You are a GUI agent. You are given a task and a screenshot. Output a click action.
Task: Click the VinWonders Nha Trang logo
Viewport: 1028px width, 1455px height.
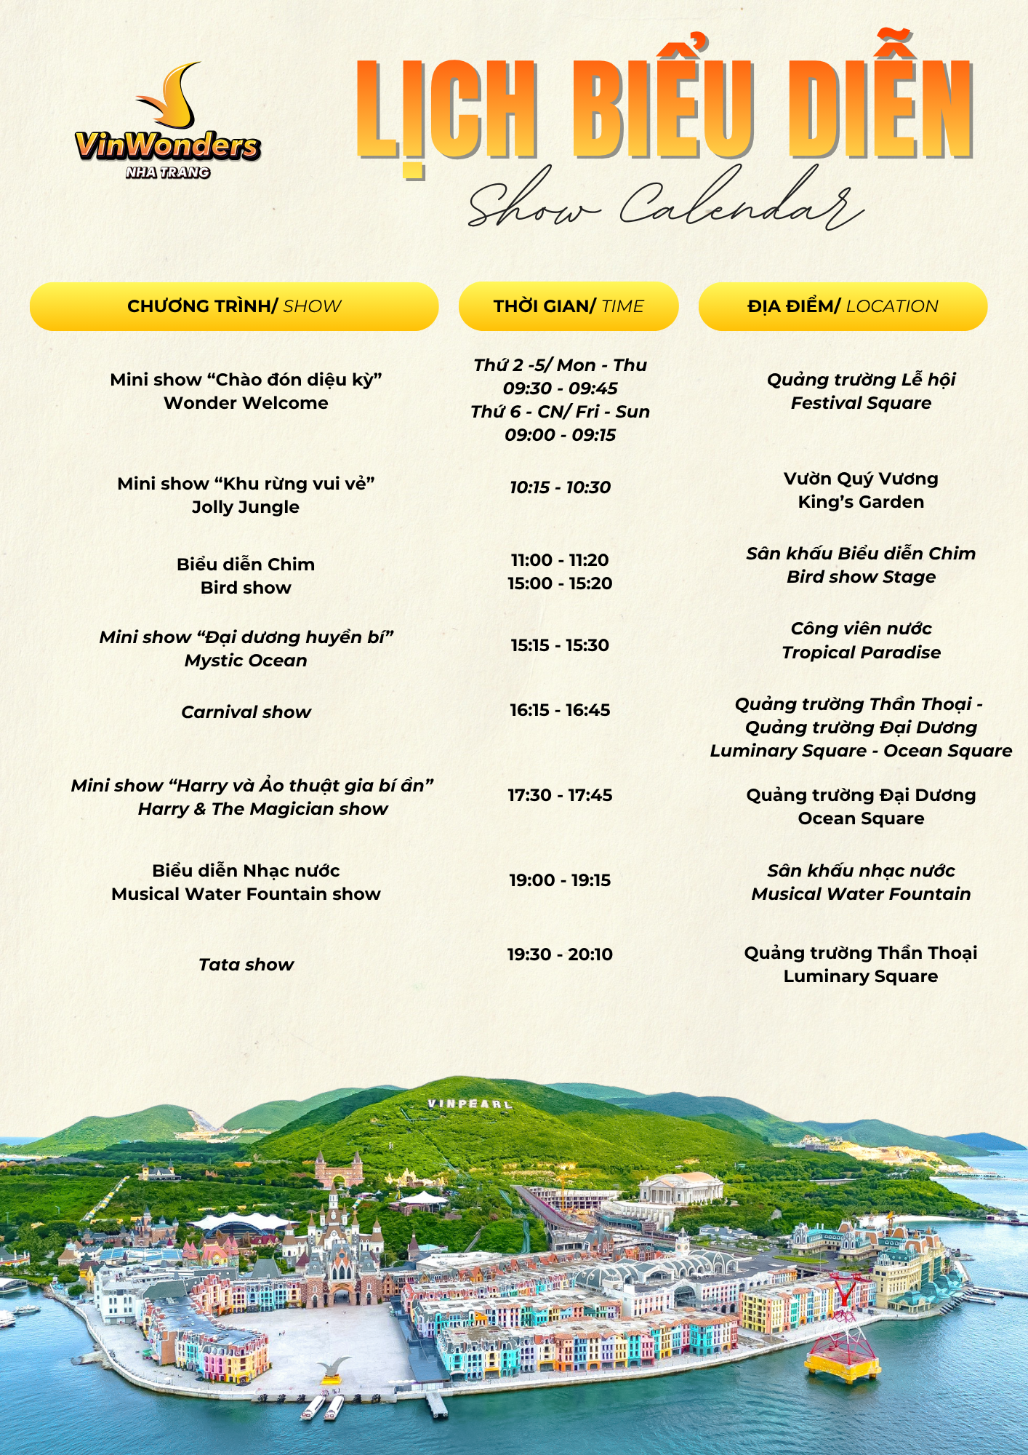pyautogui.click(x=168, y=124)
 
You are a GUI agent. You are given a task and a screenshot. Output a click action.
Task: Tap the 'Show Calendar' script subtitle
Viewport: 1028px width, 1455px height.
pyautogui.click(x=665, y=200)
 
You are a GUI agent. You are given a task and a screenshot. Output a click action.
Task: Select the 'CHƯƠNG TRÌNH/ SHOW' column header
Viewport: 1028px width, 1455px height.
pyautogui.click(x=234, y=306)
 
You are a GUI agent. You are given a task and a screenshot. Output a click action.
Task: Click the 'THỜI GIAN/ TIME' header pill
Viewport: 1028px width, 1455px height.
pyautogui.click(x=569, y=306)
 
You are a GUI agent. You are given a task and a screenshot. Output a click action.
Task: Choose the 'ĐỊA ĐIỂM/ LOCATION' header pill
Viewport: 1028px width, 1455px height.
pyautogui.click(x=843, y=306)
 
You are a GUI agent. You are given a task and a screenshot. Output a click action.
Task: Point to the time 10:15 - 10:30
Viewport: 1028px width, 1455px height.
pyautogui.click(x=560, y=487)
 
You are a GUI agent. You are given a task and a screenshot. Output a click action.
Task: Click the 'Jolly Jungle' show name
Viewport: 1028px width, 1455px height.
pyautogui.click(x=246, y=507)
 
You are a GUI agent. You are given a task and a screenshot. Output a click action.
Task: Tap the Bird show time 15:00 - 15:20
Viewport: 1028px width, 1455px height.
pyautogui.click(x=560, y=583)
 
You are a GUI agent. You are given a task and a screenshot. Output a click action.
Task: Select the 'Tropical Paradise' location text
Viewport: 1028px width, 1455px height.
pyautogui.click(x=861, y=653)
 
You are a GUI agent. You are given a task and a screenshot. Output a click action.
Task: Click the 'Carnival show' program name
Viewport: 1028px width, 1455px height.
pyautogui.click(x=246, y=712)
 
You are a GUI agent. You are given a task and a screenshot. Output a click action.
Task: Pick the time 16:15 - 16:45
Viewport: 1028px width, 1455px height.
pyautogui.click(x=560, y=710)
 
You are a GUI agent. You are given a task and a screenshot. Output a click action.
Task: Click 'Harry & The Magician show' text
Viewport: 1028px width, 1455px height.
pyautogui.click(x=262, y=809)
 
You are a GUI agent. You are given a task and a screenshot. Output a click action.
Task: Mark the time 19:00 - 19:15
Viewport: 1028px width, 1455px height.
pyautogui.click(x=560, y=880)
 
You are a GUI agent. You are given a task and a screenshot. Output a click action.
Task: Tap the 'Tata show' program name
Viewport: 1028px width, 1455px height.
pyautogui.click(x=246, y=965)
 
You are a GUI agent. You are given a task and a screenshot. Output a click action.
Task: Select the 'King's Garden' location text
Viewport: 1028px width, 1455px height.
pyautogui.click(x=861, y=502)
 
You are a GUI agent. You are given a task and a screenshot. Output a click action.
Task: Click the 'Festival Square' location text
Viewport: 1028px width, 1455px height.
pyautogui.click(x=861, y=403)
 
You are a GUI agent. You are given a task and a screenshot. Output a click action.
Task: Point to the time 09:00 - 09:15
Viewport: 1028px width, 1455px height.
pyautogui.click(x=560, y=435)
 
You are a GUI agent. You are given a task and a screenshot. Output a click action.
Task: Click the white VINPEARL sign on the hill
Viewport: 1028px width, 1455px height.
pyautogui.click(x=470, y=1104)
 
